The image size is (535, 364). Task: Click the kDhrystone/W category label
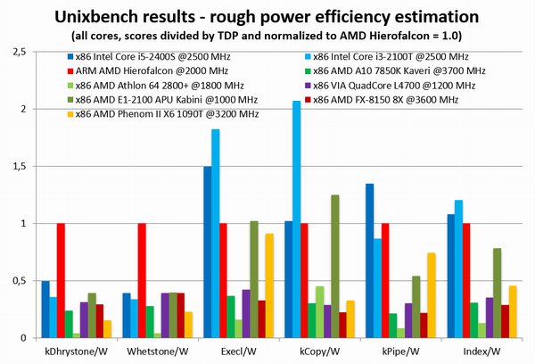78,351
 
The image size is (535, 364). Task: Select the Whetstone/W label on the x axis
157,351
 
